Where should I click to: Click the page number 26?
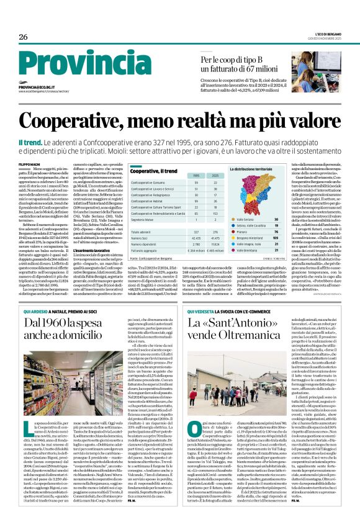tap(23, 37)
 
